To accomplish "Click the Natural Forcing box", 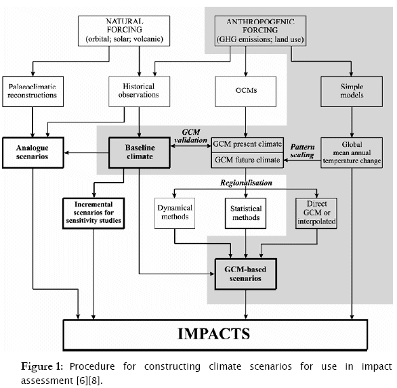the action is coord(124,31).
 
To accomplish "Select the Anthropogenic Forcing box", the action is coord(260,31).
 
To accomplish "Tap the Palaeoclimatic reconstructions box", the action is coord(33,91).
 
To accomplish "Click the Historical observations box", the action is coord(139,91).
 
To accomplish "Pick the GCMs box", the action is coord(245,91).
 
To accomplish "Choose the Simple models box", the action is coord(352,91).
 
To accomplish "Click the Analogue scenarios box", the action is coord(33,152).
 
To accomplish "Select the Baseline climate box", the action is coord(140,152).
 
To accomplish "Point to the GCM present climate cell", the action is coord(247,145).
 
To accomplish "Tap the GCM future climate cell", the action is coord(247,160).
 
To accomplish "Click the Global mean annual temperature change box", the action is coord(352,152).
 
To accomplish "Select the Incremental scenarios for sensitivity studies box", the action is coord(93,213).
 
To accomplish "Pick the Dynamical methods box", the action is coord(175,213).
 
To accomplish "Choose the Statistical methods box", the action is coord(246,213).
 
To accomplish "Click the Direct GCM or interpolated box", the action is coord(316,213).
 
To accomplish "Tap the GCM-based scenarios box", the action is coord(246,274).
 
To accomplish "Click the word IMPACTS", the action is coord(213,334).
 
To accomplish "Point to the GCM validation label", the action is coord(190,136).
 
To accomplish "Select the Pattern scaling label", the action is coord(302,151).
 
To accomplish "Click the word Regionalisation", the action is coord(246,183).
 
